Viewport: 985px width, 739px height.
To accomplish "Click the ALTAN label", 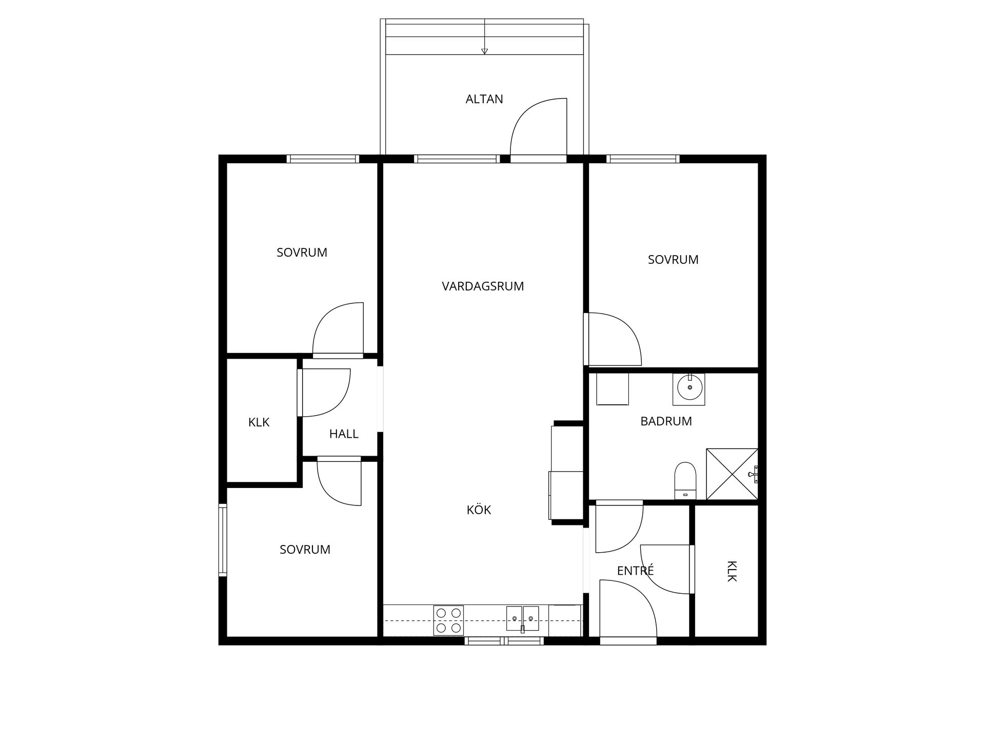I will click(484, 99).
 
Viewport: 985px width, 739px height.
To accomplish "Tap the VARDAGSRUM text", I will click(483, 286).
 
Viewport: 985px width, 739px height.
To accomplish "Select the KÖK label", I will click(479, 510).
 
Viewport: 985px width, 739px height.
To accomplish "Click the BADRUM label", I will click(666, 421).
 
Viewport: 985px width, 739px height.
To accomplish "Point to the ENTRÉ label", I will click(635, 571).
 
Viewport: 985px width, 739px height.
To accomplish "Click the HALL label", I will click(344, 434).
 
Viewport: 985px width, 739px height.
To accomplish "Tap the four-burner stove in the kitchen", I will click(448, 620).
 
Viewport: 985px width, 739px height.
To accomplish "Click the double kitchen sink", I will click(522, 618).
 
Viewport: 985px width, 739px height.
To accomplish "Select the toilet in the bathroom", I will click(685, 480).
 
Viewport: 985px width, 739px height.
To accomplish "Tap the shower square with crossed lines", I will click(732, 474).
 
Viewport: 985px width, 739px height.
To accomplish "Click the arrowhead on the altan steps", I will click(484, 51).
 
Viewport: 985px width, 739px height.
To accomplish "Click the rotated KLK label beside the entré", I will click(732, 571).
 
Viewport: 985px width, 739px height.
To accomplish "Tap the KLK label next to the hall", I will click(259, 422).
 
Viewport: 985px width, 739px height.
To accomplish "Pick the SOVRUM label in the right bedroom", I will click(673, 260).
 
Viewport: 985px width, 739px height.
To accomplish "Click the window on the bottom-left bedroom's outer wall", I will click(223, 539).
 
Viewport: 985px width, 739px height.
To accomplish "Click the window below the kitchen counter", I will click(504, 640).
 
